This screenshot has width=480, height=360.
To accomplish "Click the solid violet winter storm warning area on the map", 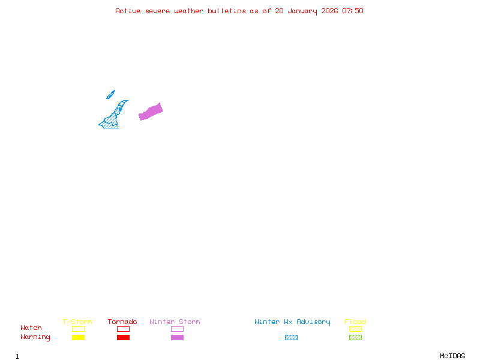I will [151, 112].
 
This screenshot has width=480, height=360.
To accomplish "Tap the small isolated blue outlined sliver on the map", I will [110, 94].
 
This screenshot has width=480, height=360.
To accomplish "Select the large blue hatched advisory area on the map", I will [112, 120].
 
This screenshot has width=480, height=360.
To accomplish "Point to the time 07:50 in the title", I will [353, 11].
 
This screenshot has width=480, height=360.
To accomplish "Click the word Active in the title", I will [128, 11].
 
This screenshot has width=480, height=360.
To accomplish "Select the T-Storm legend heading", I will [77, 322].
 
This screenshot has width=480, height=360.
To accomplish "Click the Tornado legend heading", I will [122, 322].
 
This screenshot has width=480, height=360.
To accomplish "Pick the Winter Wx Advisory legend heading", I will [292, 322].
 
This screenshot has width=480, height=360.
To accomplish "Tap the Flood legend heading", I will [355, 322].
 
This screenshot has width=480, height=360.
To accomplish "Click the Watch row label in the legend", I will [31, 328].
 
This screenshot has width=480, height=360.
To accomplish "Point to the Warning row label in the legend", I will [35, 337].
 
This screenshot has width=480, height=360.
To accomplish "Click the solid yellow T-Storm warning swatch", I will [78, 337].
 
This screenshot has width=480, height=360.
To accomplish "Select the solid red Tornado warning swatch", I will [123, 337].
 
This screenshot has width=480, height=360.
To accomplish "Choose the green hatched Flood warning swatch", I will [355, 337].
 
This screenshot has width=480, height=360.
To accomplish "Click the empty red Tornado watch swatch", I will [123, 329].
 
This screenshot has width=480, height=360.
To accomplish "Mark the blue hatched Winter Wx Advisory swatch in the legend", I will [291, 337].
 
